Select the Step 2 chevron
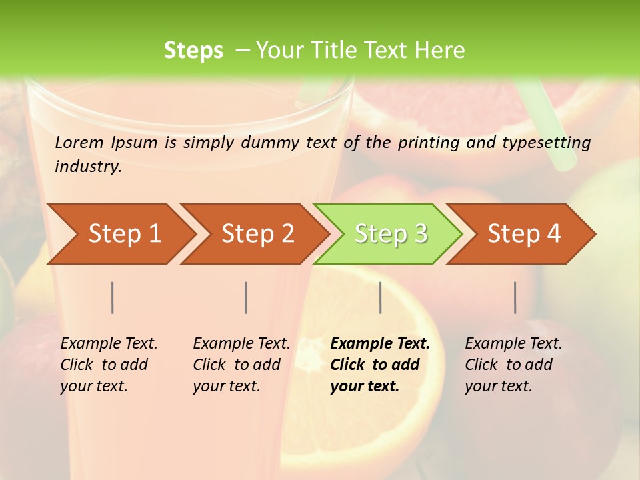(x=257, y=234)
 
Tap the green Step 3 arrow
(x=391, y=234)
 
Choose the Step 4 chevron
(x=524, y=234)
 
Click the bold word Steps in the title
(x=193, y=51)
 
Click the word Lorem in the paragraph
(x=80, y=142)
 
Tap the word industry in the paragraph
(x=88, y=166)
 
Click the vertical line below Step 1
(x=113, y=297)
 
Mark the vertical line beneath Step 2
(x=246, y=297)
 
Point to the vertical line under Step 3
(x=380, y=297)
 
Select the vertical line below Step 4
(x=515, y=297)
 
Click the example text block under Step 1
(x=109, y=365)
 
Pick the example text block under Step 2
(x=241, y=365)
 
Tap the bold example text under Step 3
(x=380, y=365)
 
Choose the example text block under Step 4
(x=513, y=365)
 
